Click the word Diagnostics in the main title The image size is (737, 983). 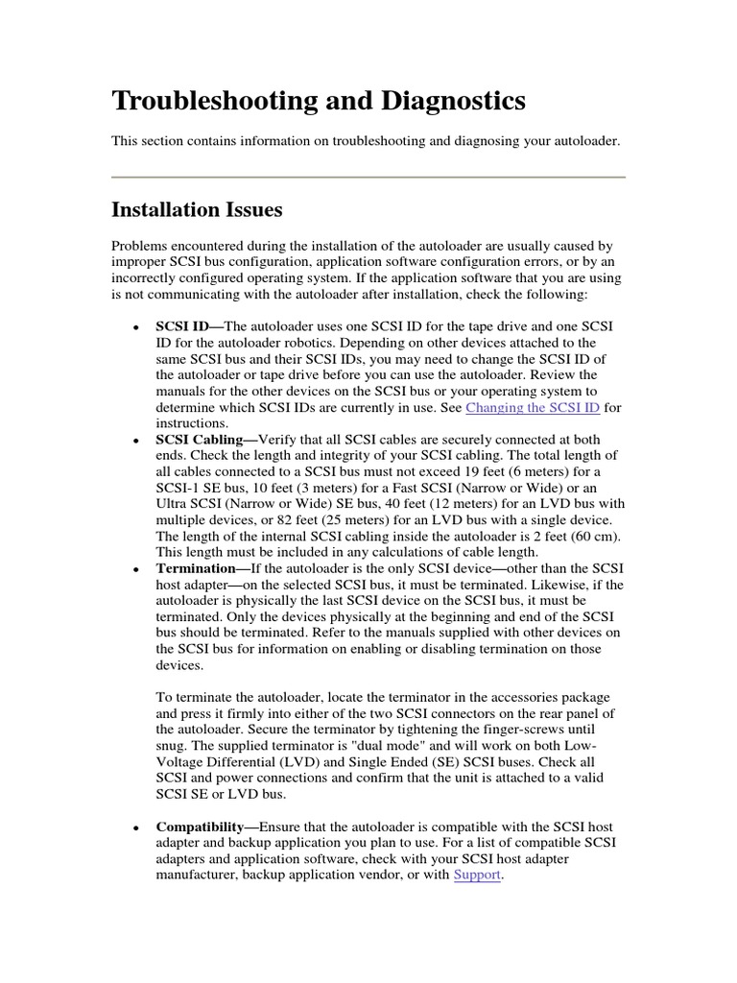pyautogui.click(x=451, y=101)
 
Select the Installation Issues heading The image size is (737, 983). pyautogui.click(x=197, y=208)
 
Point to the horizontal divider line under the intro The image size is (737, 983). pyautogui.click(x=368, y=177)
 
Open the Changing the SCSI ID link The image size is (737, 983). pyautogui.click(x=533, y=407)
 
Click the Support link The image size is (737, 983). pyautogui.click(x=477, y=875)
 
